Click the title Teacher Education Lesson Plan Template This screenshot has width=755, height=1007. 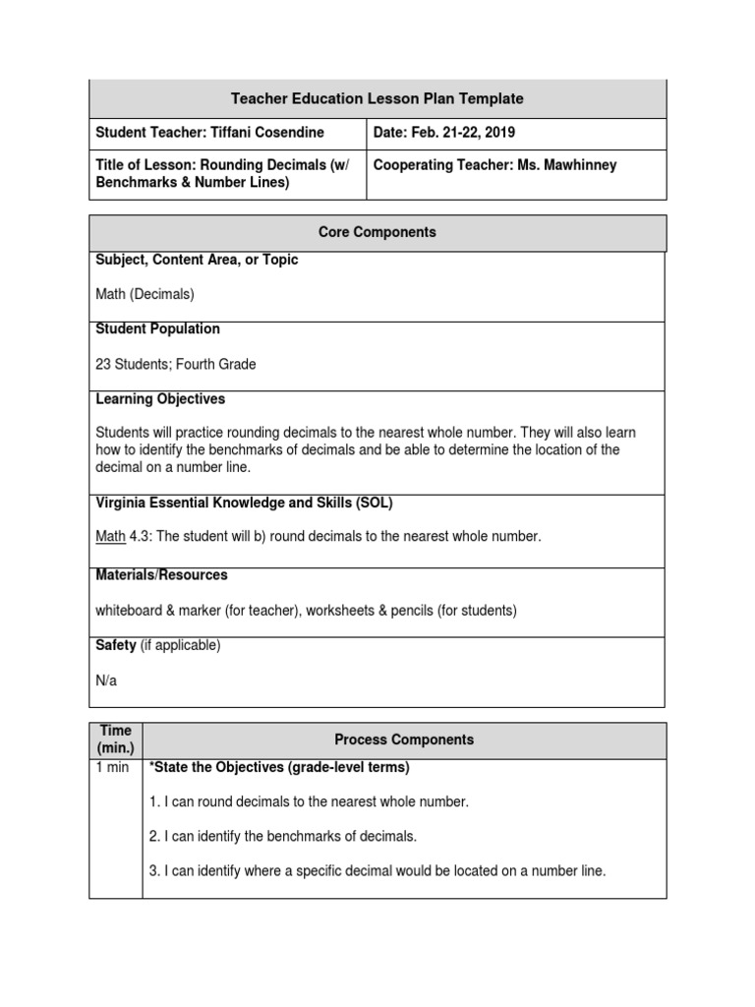pyautogui.click(x=377, y=98)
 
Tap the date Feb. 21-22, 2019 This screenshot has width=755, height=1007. pyautogui.click(x=444, y=133)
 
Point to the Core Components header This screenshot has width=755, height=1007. pyautogui.click(x=377, y=233)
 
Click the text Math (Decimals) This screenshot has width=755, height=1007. pyautogui.click(x=145, y=294)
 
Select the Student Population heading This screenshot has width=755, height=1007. pyautogui.click(x=157, y=328)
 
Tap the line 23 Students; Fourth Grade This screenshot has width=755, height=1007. pyautogui.click(x=175, y=364)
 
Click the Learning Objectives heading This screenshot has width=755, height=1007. pyautogui.click(x=160, y=399)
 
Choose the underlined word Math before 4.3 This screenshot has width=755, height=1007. pyautogui.click(x=110, y=536)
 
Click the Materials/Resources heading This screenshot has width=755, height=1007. pyautogui.click(x=161, y=574)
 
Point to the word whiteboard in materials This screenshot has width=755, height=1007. pyautogui.click(x=129, y=611)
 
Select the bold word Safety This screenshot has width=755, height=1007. pyautogui.click(x=116, y=645)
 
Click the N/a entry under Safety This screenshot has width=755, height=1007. pyautogui.click(x=106, y=680)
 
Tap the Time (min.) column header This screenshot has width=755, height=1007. pyautogui.click(x=115, y=739)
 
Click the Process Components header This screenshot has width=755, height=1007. pyautogui.click(x=404, y=740)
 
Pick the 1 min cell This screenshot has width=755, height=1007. pyautogui.click(x=112, y=767)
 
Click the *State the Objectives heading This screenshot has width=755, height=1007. pyautogui.click(x=278, y=767)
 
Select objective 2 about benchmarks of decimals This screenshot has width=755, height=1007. pyautogui.click(x=283, y=836)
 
